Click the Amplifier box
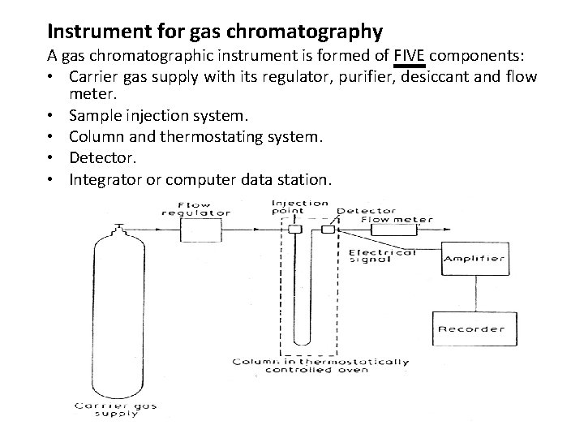coord(474,260)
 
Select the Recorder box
coord(470,329)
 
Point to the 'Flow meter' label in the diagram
coord(397,219)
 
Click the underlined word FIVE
coord(409,56)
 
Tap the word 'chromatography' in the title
coord(317,32)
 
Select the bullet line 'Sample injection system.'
coord(161,116)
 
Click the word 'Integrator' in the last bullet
coord(106,177)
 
